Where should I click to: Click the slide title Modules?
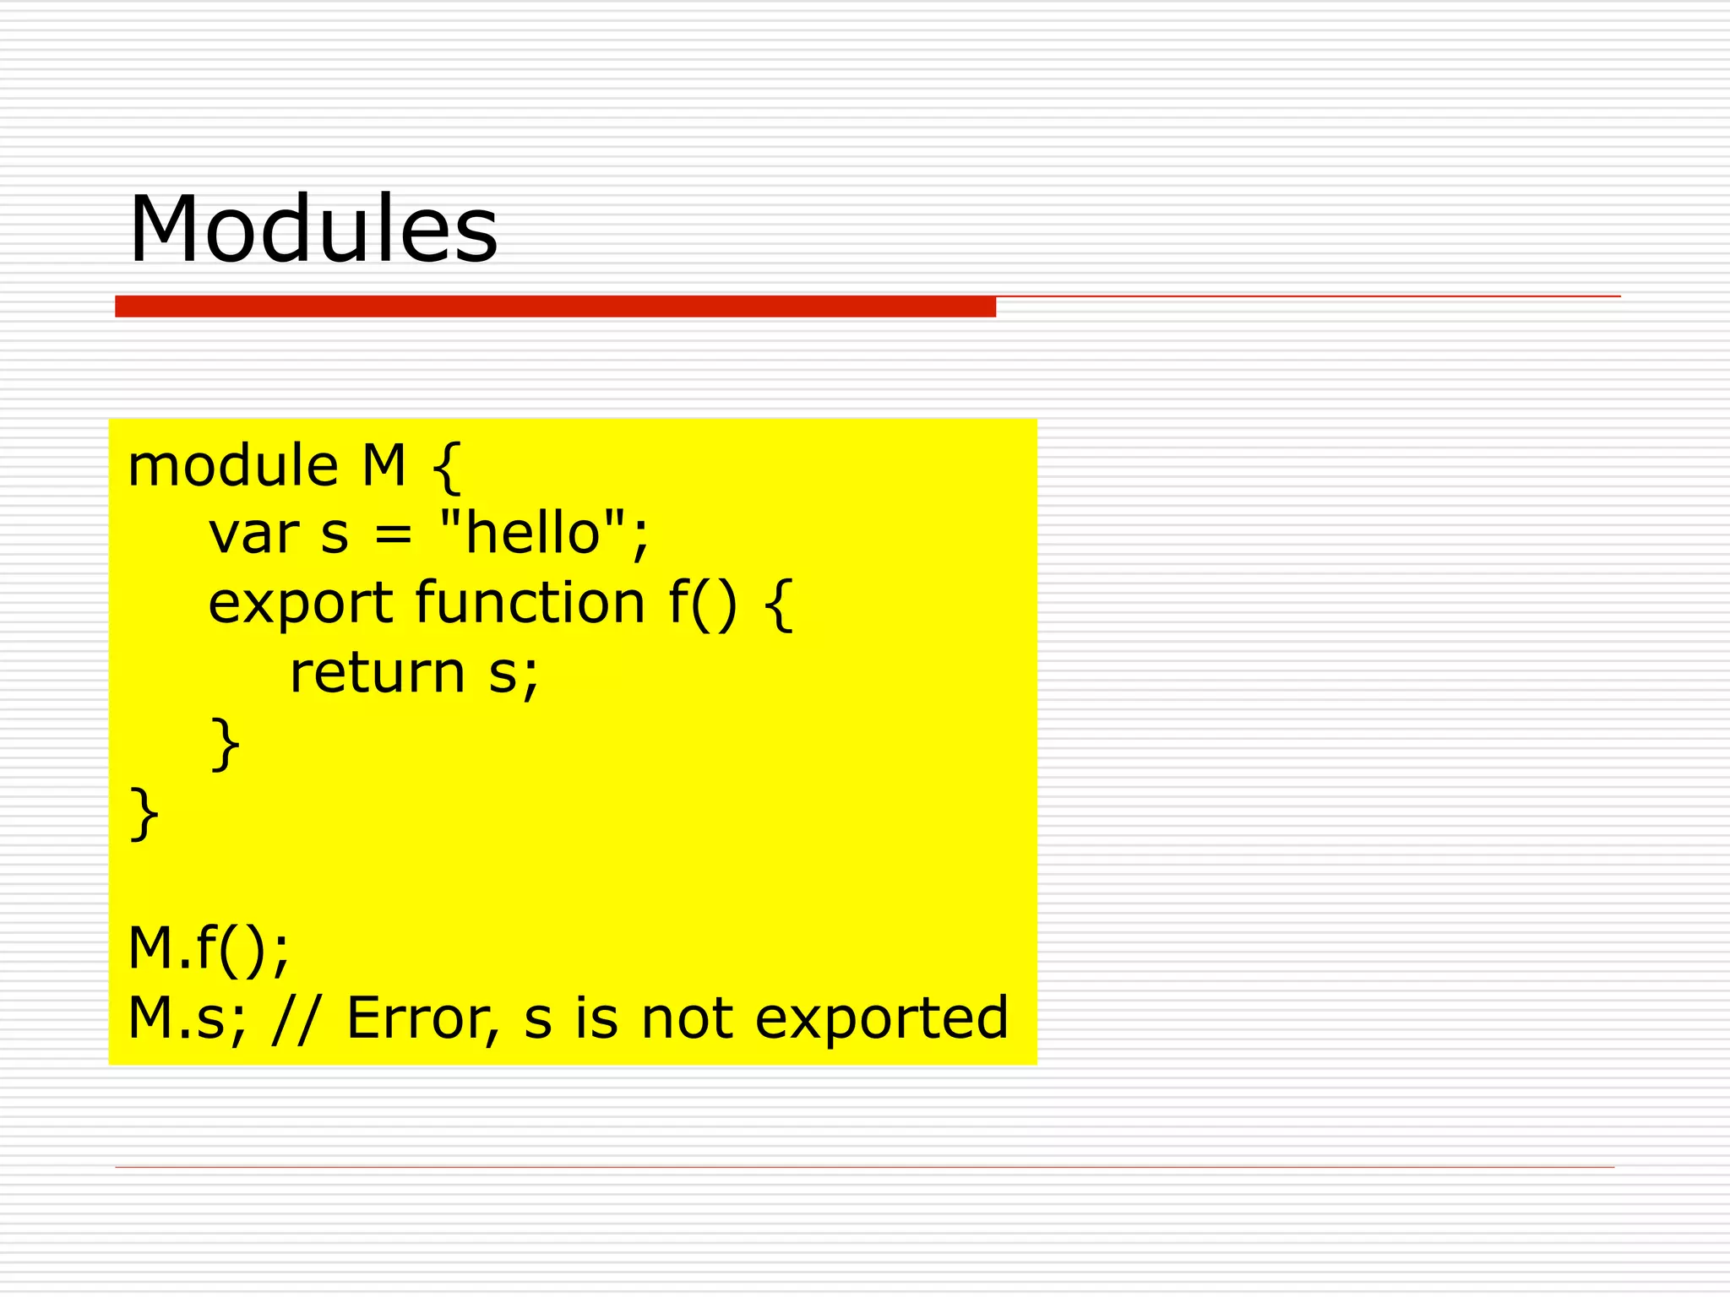(313, 229)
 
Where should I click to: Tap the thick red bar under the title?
(555, 307)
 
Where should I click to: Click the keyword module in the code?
(232, 466)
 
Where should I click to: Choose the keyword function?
(530, 602)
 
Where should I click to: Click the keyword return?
(377, 673)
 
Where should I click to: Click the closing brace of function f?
(225, 744)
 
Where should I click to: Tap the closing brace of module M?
(144, 813)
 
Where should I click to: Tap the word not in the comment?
(686, 1018)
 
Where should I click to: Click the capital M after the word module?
(384, 466)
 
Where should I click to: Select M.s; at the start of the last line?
(187, 1019)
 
